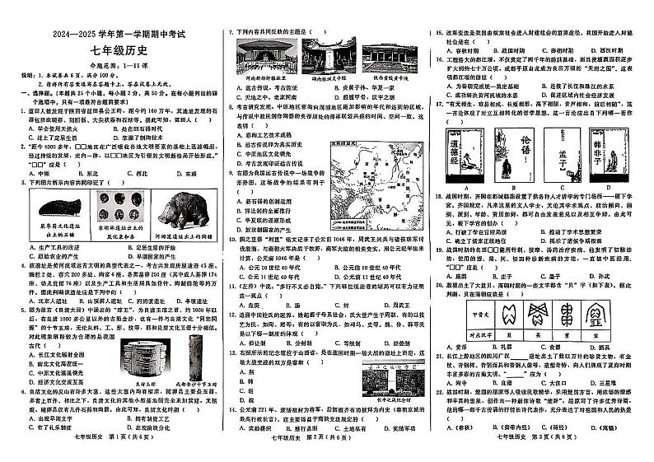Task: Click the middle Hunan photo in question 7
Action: coord(328,57)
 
